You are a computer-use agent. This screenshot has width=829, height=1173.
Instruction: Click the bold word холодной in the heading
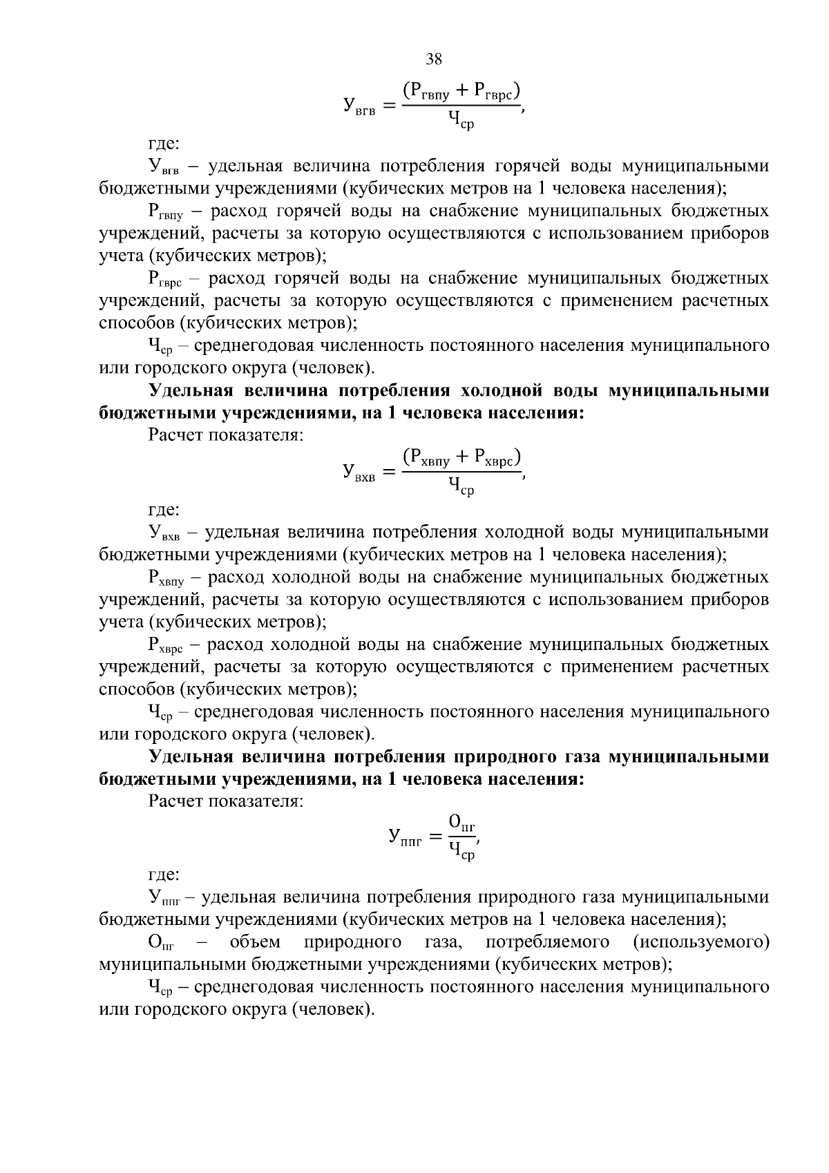[x=500, y=391]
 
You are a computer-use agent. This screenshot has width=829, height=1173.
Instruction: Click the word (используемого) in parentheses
[x=701, y=942]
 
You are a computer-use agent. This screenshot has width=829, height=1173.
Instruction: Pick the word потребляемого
[x=547, y=942]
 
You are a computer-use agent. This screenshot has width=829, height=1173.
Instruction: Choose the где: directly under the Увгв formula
[x=164, y=144]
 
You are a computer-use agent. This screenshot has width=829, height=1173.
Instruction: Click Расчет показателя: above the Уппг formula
[x=226, y=801]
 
